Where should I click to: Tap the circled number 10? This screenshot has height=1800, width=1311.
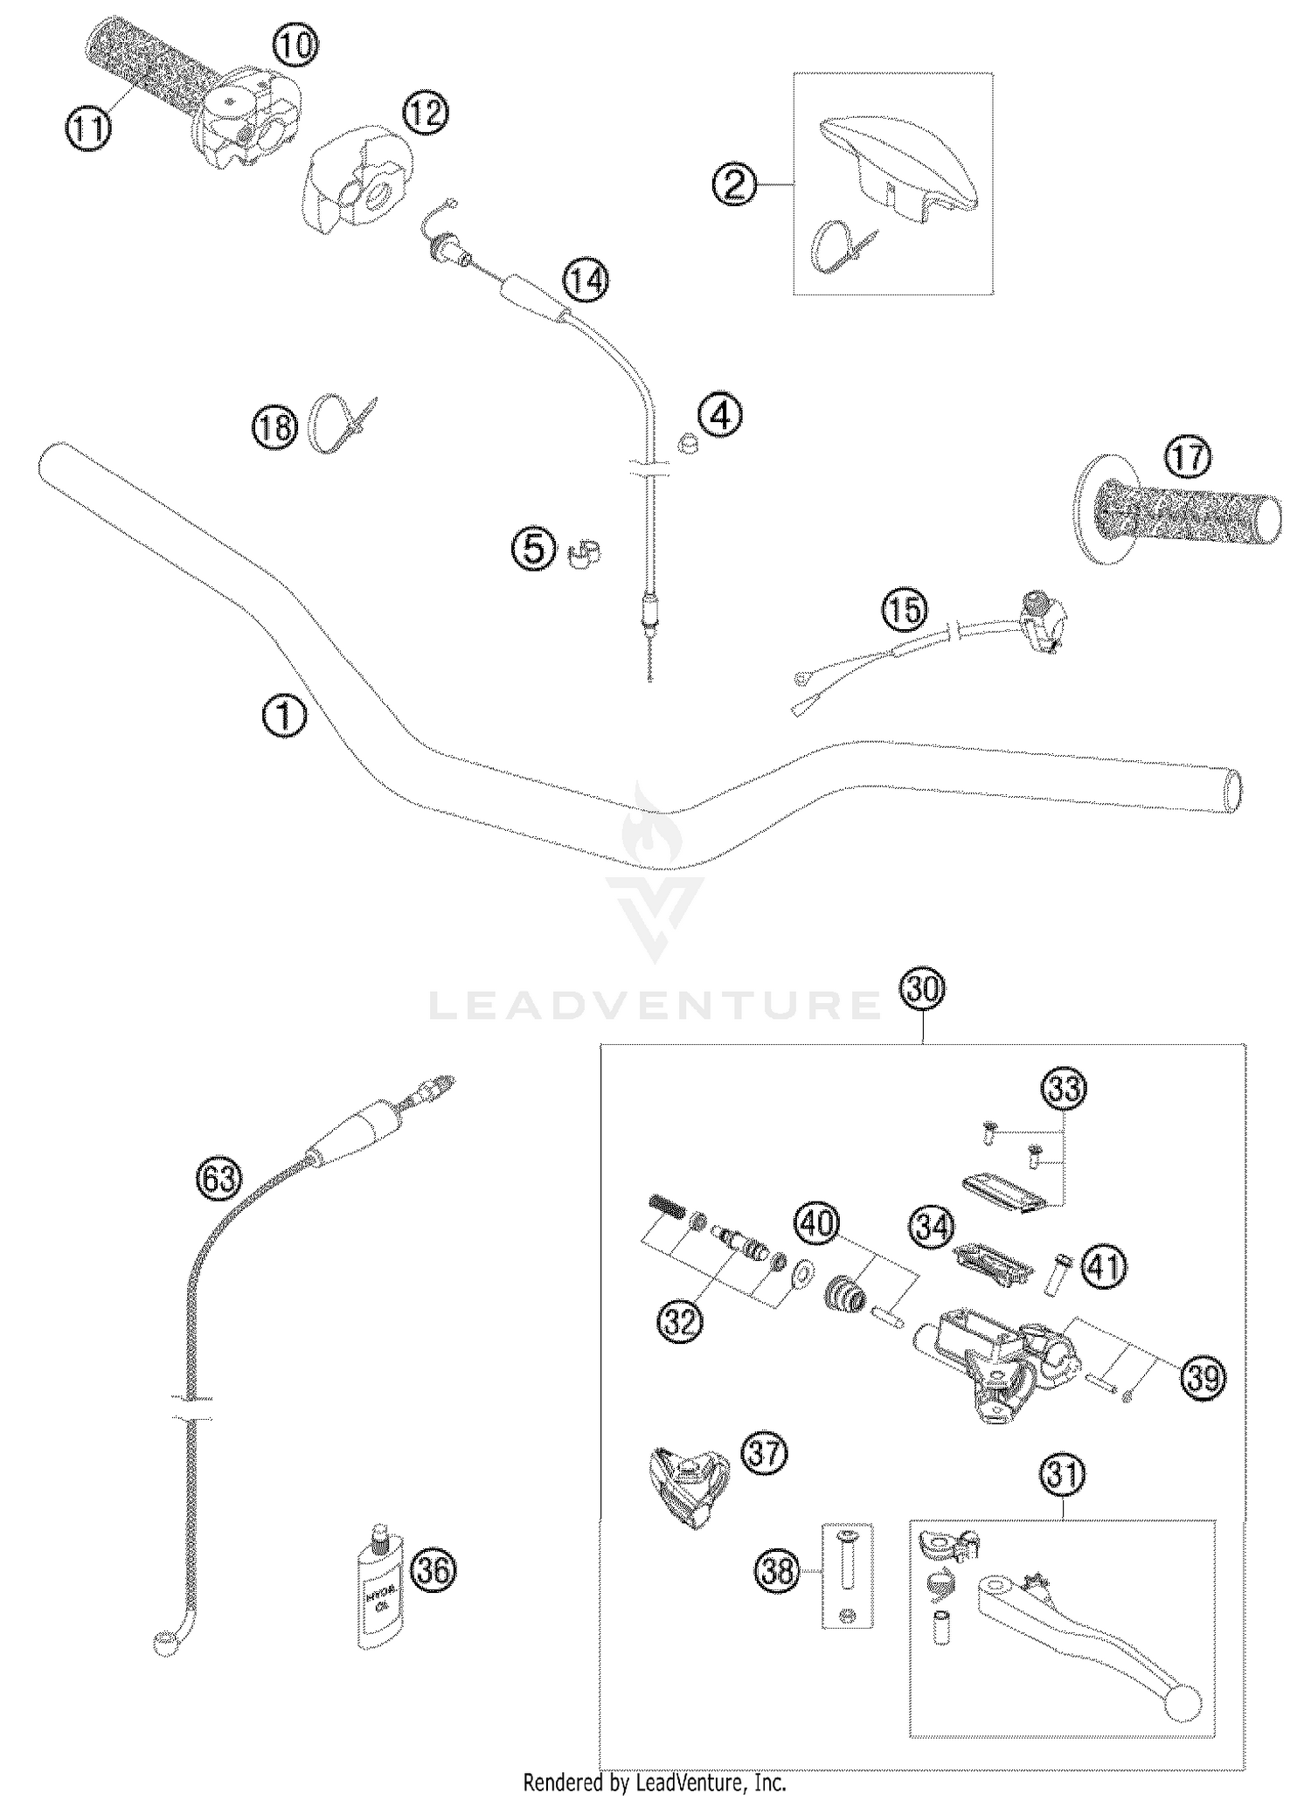coord(296,45)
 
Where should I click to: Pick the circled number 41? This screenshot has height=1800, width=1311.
coord(1105,1266)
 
